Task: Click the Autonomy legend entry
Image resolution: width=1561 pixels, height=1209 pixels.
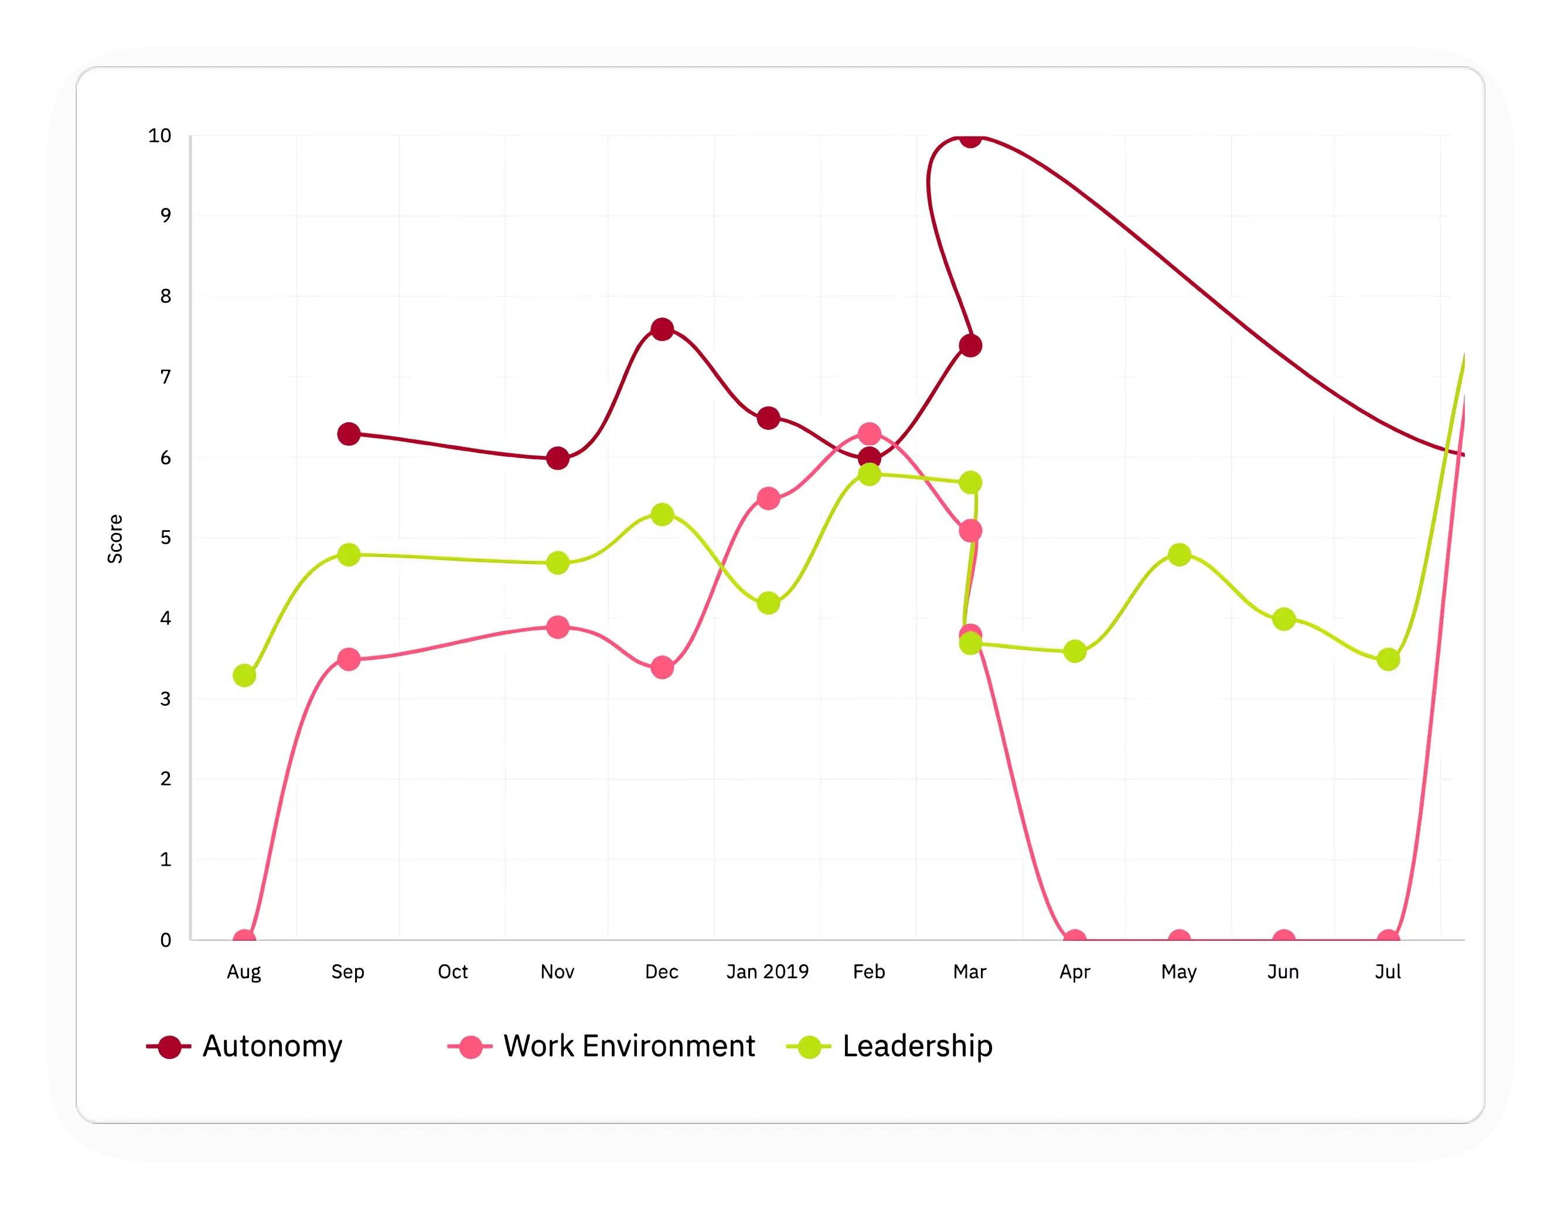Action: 244,1046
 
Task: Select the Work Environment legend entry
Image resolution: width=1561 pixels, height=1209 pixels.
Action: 602,1046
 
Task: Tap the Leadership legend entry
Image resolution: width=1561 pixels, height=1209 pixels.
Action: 890,1046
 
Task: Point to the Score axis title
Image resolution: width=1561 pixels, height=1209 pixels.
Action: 115,539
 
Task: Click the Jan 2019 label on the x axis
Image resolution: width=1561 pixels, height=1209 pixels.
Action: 767,972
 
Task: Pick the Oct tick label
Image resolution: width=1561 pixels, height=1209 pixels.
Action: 452,972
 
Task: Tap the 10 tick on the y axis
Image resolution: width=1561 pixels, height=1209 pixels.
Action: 159,136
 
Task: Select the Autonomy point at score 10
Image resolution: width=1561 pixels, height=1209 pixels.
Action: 970,137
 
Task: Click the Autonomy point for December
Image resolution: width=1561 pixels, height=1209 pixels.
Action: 662,329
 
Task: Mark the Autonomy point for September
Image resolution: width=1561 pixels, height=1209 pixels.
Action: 348,433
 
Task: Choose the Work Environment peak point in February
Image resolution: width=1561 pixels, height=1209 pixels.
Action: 869,433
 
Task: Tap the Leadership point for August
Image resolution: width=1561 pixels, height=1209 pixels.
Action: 244,675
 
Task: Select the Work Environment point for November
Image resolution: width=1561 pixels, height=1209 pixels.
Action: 557,627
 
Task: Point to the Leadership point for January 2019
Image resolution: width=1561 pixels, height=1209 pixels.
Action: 768,603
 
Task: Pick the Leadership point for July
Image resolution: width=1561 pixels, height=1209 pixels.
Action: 1388,659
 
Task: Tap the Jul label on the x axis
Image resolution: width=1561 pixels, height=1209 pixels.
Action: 1388,972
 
